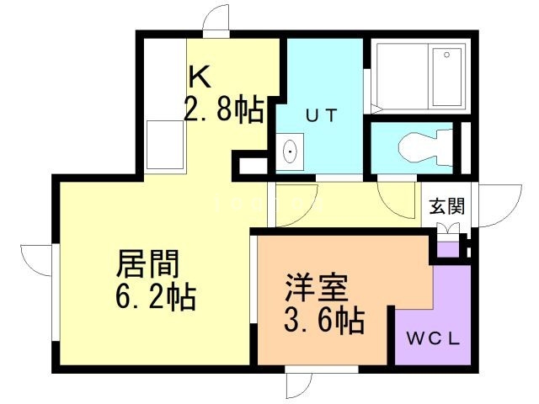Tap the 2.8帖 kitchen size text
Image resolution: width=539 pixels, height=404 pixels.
224,109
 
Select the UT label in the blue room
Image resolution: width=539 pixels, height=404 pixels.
322,115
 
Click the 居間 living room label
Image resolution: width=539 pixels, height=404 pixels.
148,263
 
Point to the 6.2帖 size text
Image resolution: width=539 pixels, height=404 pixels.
156,297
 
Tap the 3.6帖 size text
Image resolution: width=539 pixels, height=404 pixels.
324,320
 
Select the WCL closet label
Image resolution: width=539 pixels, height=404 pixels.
433,339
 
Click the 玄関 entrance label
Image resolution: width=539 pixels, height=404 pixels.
447,206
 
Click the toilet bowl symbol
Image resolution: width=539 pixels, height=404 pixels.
425,146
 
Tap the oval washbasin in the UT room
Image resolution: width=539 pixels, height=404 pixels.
291,151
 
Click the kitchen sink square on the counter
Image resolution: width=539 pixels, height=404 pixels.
165,145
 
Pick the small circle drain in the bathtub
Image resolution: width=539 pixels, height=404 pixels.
447,55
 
